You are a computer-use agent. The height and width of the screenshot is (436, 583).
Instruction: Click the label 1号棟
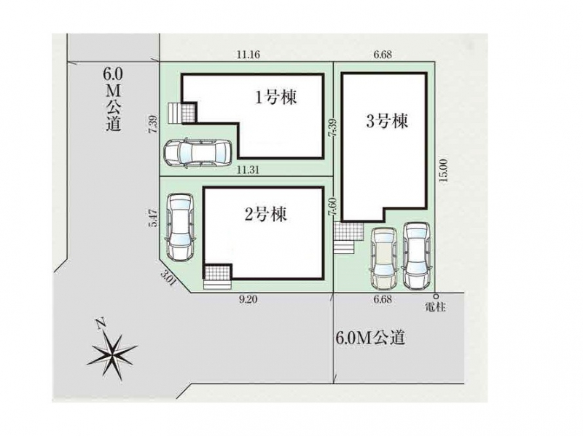[275, 98]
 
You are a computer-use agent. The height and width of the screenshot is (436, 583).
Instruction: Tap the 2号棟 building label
[265, 215]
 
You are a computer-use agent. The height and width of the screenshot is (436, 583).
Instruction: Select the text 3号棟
[387, 121]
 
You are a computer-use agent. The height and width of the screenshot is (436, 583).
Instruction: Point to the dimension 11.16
[248, 55]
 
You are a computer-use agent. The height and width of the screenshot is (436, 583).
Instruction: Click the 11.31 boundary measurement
[248, 170]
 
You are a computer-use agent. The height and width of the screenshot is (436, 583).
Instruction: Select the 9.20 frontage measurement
[248, 299]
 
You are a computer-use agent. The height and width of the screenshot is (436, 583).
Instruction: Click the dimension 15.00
[443, 170]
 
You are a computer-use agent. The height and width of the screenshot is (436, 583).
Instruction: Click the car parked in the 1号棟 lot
[197, 153]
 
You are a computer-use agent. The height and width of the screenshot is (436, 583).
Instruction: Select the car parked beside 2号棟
[180, 227]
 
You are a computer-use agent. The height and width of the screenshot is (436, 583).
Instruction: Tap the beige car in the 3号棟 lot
[383, 257]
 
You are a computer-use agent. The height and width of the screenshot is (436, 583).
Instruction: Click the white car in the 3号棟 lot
[416, 255]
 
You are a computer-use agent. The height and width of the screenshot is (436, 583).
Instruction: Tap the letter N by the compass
[100, 325]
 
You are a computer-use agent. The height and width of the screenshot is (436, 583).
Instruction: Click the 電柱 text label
[435, 307]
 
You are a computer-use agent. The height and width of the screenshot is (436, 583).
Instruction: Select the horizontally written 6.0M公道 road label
[369, 338]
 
